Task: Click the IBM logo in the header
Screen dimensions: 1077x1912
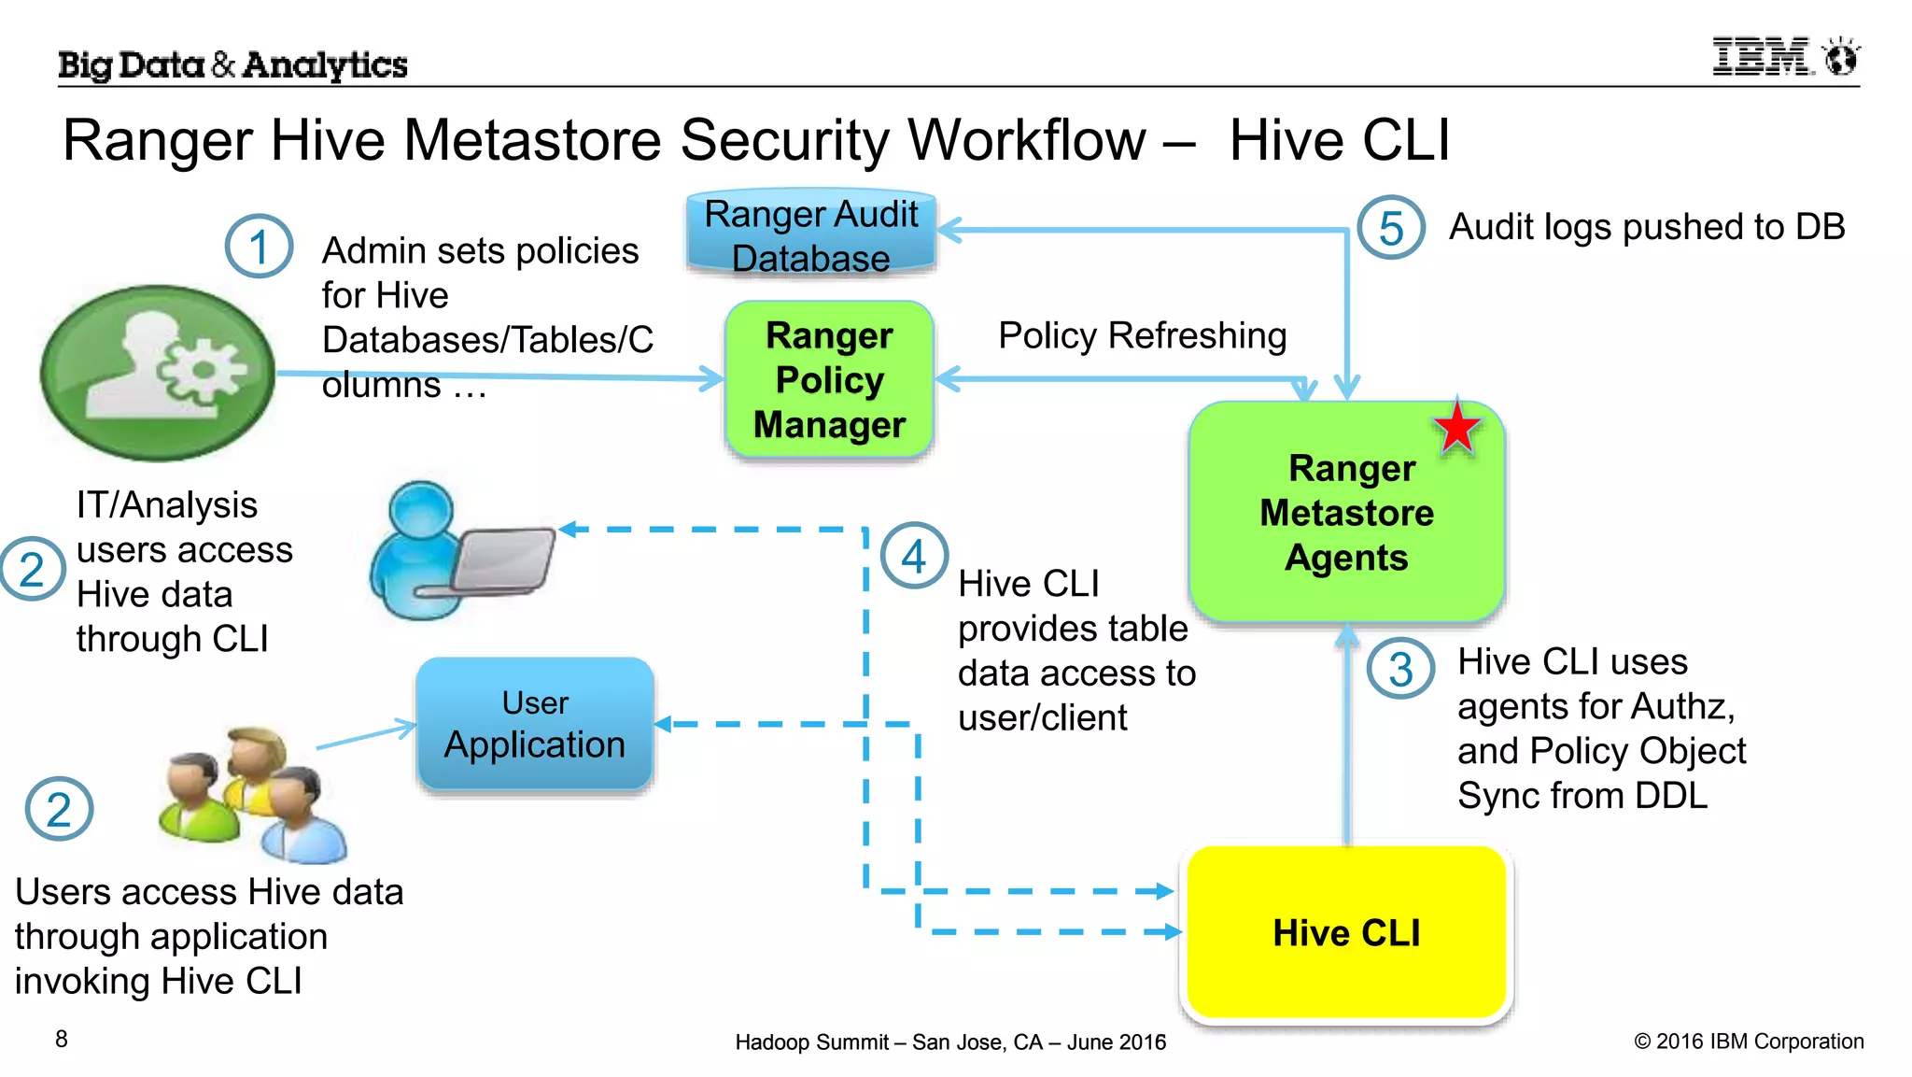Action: [1784, 58]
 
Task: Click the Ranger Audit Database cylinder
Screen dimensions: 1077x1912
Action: [810, 234]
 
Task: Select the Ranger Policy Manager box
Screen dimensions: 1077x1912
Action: [829, 380]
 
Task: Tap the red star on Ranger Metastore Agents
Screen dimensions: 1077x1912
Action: [1456, 429]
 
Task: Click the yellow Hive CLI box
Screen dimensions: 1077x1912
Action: [1346, 932]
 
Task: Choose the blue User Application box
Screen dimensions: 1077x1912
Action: [534, 725]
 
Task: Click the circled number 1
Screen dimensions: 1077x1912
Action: [259, 247]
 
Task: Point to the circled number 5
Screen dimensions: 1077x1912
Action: [1390, 228]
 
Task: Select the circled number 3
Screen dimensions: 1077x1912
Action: [1400, 669]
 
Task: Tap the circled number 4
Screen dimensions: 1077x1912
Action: [913, 557]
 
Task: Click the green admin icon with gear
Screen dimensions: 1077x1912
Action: [157, 373]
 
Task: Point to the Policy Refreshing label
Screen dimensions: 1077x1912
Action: [1142, 335]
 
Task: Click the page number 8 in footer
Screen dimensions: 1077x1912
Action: [62, 1039]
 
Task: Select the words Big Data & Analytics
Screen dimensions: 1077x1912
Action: [232, 64]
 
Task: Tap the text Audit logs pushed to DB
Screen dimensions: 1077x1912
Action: [1646, 227]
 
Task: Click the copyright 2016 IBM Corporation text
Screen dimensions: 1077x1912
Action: [1748, 1041]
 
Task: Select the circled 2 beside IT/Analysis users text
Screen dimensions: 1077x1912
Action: [32, 569]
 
